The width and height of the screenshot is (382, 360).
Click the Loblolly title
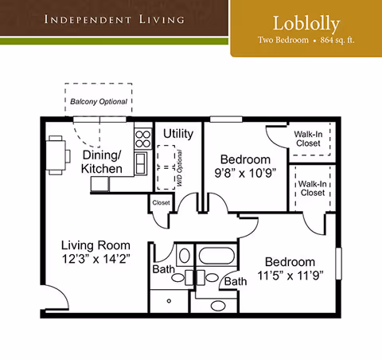click(x=305, y=22)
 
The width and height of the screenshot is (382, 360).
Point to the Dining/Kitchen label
click(x=102, y=162)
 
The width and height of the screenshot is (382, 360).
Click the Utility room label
click(x=178, y=134)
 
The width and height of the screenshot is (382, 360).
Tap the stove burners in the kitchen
click(x=142, y=139)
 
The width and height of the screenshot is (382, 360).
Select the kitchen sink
click(x=140, y=162)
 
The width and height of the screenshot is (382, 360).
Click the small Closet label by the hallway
click(x=161, y=203)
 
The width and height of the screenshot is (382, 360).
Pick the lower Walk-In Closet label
click(x=311, y=189)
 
